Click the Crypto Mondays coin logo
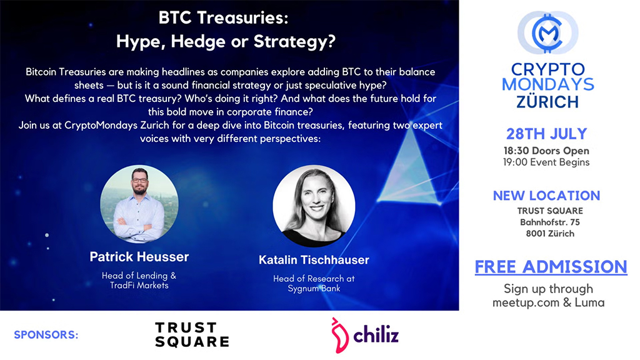click(x=548, y=32)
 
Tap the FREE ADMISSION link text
click(x=551, y=267)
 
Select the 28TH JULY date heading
click(x=547, y=134)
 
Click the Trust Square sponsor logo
click(x=191, y=334)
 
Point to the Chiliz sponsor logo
click(x=365, y=334)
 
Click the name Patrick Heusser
click(x=139, y=257)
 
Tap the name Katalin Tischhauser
click(x=314, y=260)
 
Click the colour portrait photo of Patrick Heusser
click(x=139, y=204)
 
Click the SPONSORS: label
click(x=46, y=335)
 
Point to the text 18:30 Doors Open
click(x=546, y=151)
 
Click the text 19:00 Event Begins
click(x=546, y=162)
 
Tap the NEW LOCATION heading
click(x=546, y=196)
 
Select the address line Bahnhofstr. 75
click(x=546, y=222)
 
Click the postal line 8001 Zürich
click(x=546, y=234)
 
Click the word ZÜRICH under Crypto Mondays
click(x=547, y=101)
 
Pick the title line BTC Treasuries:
click(x=223, y=17)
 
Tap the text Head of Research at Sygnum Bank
click(x=314, y=284)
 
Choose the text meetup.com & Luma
click(x=548, y=303)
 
